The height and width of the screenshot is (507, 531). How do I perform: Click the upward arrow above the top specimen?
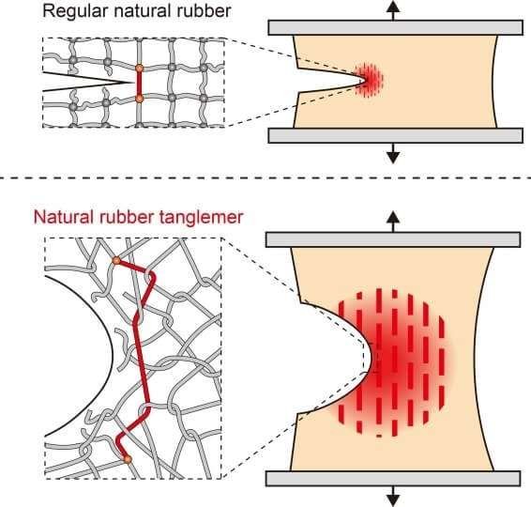393,10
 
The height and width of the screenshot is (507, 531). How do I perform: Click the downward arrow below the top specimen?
393,153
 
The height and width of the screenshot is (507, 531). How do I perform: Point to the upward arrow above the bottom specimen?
393,222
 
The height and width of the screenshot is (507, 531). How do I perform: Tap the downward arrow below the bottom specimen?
393,497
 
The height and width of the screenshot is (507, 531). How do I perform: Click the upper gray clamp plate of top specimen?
396,28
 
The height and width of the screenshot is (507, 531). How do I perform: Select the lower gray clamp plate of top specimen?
396,135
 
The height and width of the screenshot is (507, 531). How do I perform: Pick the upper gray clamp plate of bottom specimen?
393,239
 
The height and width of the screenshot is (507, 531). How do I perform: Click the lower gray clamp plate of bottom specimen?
393,479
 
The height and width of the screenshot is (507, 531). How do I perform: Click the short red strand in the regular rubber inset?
139,84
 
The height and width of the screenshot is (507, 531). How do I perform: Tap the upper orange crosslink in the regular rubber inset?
139,69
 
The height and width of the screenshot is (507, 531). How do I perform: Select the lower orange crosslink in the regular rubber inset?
139,99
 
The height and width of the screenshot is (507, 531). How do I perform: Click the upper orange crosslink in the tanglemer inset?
116,260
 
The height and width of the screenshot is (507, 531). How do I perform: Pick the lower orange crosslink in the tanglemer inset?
127,459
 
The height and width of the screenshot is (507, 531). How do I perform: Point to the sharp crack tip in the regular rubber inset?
133,83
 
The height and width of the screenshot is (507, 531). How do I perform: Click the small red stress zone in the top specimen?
369,80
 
